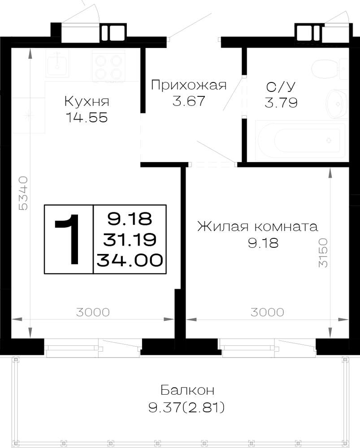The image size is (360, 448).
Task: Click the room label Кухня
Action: coord(87,101)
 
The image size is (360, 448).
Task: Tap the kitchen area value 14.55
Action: coord(87,117)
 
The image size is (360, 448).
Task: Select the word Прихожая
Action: coord(189,86)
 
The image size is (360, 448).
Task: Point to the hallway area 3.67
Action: coord(189,100)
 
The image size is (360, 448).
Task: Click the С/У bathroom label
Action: coord(281,87)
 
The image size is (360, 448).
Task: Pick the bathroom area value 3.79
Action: coord(281,103)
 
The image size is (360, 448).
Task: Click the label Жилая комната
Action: coord(257,227)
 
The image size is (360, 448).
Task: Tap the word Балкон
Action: coord(187,390)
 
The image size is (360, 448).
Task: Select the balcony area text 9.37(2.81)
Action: coord(187,407)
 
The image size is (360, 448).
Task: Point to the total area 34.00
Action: coord(130,260)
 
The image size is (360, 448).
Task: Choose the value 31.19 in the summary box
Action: coord(130,239)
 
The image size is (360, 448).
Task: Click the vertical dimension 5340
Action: coord(23,194)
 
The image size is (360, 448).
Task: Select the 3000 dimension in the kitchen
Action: coord(93,312)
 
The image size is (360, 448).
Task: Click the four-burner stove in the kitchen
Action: coord(108,66)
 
